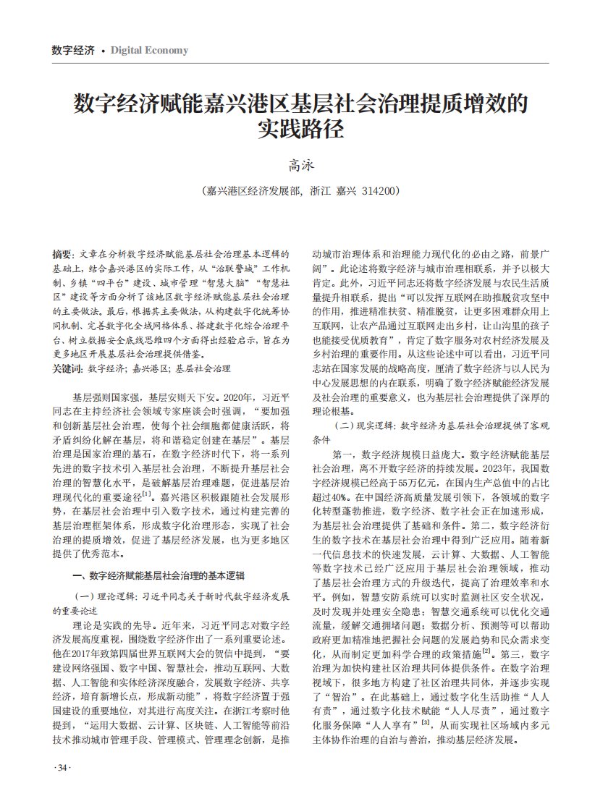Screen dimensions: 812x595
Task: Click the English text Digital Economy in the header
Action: pos(149,50)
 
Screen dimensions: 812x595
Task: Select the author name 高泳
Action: pos(297,166)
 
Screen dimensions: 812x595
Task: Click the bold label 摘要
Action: pos(62,255)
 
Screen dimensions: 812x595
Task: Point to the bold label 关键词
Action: pos(67,368)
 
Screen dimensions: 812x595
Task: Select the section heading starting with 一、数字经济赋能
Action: pos(159,576)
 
